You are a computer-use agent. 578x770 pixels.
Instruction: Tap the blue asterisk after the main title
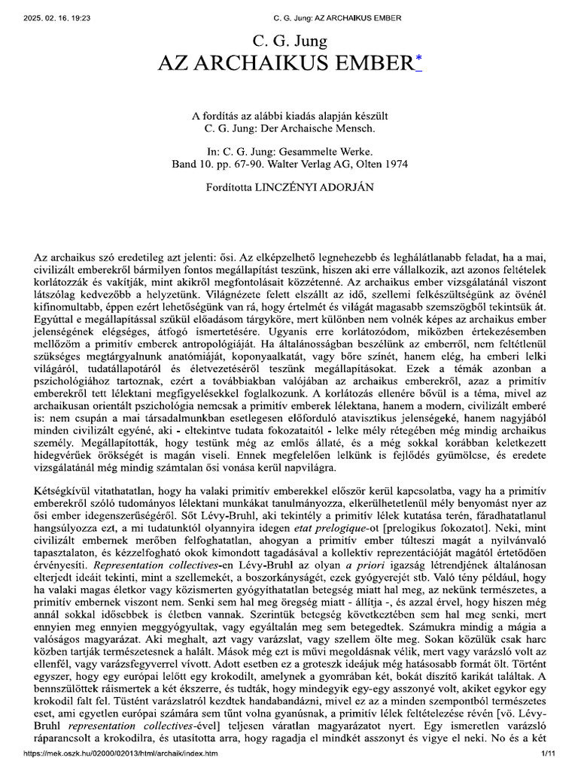(418, 62)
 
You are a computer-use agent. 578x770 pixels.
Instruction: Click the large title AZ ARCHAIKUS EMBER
(284, 65)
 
